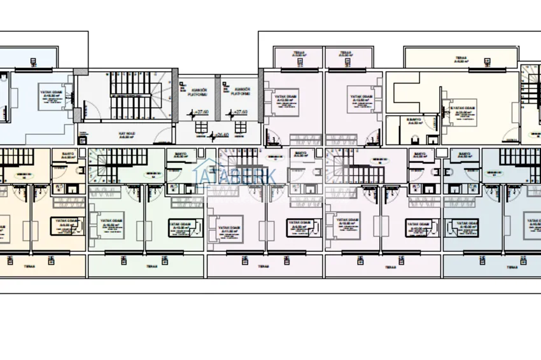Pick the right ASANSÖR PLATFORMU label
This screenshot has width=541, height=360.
tap(241, 91)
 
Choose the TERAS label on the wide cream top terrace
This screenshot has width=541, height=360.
tap(460, 57)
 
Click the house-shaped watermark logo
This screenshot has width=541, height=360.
tap(208, 167)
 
